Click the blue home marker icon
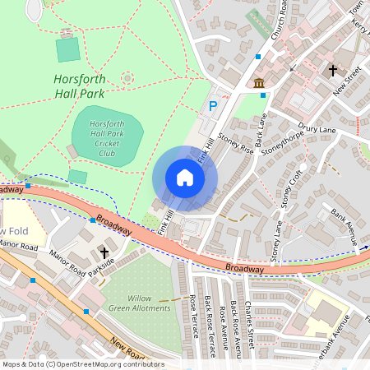pyautogui.click(x=185, y=177)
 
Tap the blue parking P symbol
pyautogui.click(x=213, y=106)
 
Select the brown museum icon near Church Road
pyautogui.click(x=259, y=83)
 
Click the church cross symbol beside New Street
pyautogui.click(x=333, y=71)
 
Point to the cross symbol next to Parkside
pyautogui.click(x=104, y=252)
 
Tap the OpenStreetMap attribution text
pyautogui.click(x=82, y=363)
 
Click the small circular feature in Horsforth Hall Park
pyautogui.click(x=127, y=78)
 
